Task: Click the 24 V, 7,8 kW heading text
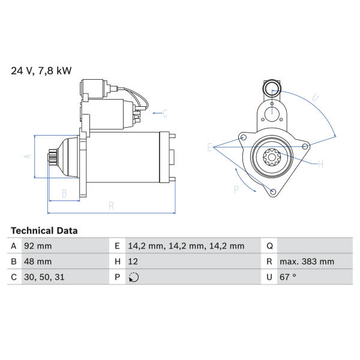click(41, 70)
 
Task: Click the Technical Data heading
click(44, 230)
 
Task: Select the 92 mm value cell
click(38, 246)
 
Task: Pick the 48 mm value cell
click(38, 261)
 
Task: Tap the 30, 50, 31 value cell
click(44, 277)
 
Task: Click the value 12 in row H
click(133, 261)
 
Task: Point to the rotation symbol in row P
click(134, 277)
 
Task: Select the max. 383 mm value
click(307, 261)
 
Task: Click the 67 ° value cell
click(288, 277)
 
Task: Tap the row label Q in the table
click(269, 246)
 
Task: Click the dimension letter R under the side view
click(112, 206)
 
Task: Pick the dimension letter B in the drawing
click(65, 193)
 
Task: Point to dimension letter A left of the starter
click(28, 156)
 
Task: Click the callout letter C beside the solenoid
click(165, 113)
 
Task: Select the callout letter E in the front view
click(209, 147)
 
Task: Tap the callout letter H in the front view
click(320, 164)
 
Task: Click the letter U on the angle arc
click(315, 98)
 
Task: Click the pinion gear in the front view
click(272, 157)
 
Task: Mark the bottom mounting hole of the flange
click(273, 192)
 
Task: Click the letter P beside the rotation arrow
click(236, 190)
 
